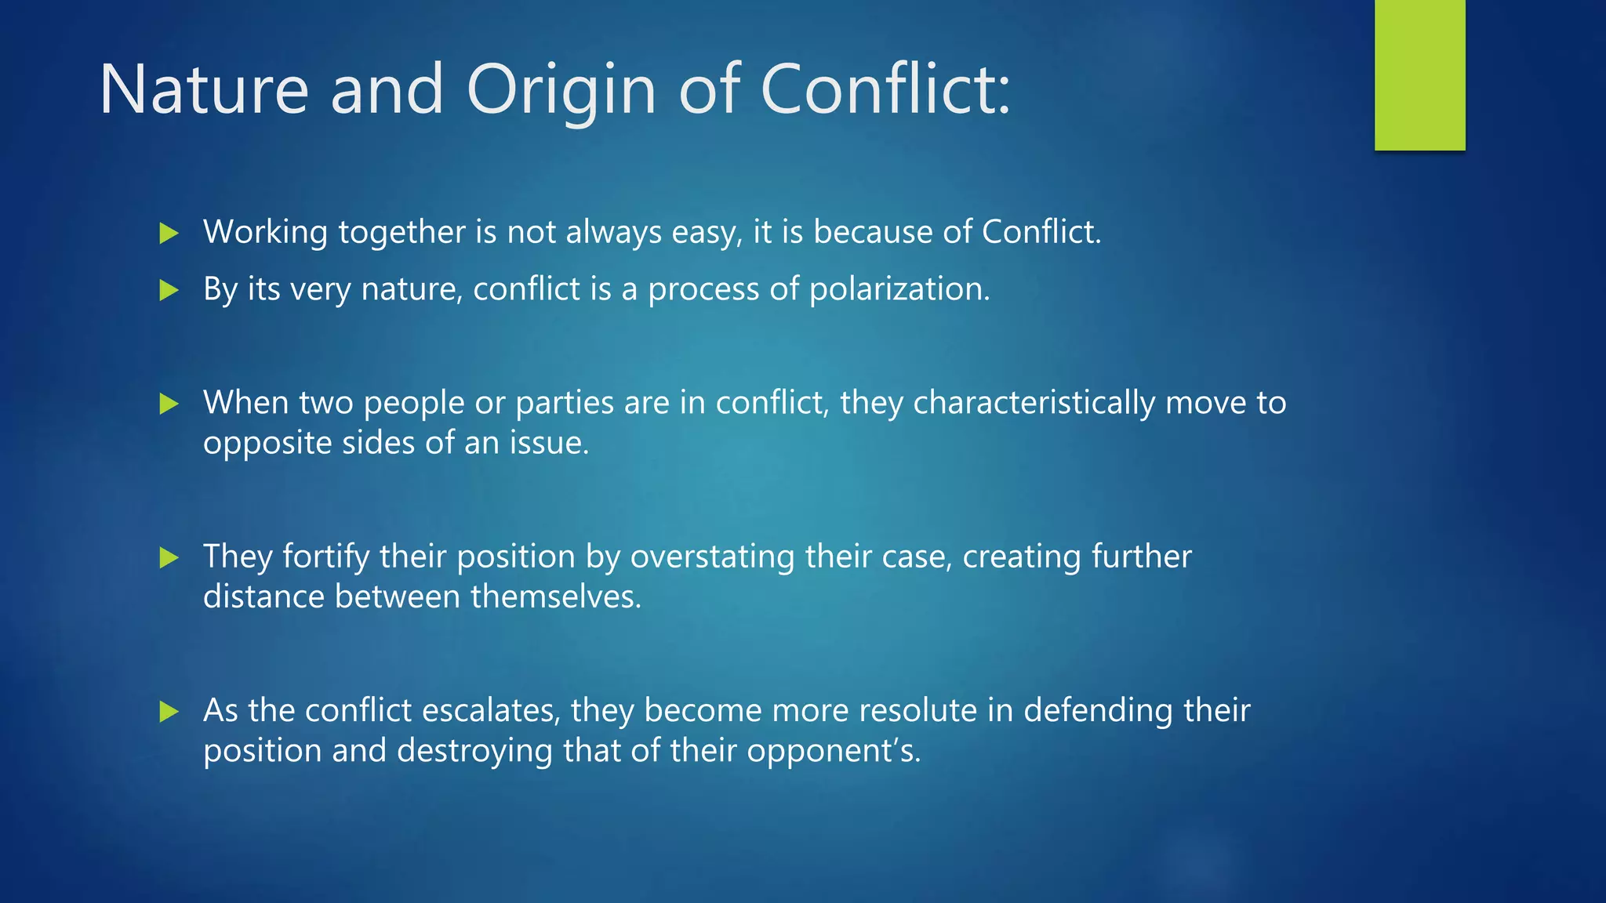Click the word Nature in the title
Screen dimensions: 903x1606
tap(204, 90)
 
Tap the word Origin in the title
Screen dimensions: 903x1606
tap(561, 90)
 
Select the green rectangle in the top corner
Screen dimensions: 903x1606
tap(1419, 74)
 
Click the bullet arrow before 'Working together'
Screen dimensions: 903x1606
tap(169, 233)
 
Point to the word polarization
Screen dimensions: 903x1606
tap(899, 289)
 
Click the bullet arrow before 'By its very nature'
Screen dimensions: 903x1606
tap(169, 291)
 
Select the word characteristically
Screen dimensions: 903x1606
tap(1034, 403)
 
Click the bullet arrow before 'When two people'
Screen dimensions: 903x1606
tap(169, 404)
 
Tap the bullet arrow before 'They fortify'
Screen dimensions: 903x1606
tap(169, 558)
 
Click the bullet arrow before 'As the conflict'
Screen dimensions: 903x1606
tap(169, 712)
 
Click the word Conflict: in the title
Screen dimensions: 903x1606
tap(886, 90)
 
